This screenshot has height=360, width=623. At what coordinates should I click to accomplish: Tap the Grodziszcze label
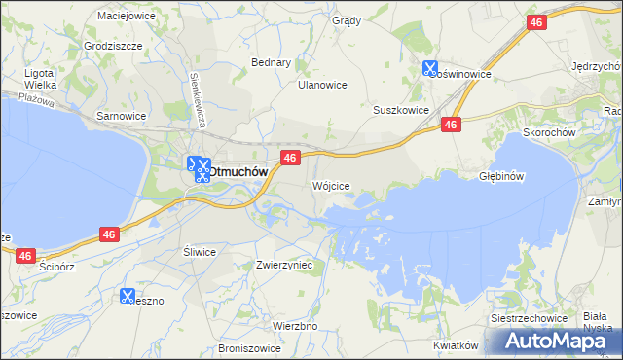pyautogui.click(x=113, y=46)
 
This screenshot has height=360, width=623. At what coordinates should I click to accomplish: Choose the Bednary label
pyautogui.click(x=272, y=62)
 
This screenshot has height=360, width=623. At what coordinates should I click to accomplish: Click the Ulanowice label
pyautogui.click(x=322, y=85)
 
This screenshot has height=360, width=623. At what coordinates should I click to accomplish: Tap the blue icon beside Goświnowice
pyautogui.click(x=430, y=69)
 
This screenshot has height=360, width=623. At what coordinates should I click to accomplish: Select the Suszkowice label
pyautogui.click(x=401, y=110)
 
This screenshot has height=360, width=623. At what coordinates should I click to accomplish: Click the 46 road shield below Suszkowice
pyautogui.click(x=450, y=125)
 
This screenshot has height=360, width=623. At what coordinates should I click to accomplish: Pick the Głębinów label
pyautogui.click(x=502, y=176)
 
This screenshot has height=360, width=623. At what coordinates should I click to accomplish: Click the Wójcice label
pyautogui.click(x=330, y=185)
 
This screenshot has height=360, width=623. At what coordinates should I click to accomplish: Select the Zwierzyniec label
pyautogui.click(x=283, y=264)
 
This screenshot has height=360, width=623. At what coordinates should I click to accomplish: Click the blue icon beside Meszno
pyautogui.click(x=128, y=296)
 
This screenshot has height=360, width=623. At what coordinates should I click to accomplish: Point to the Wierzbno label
pyautogui.click(x=295, y=326)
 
